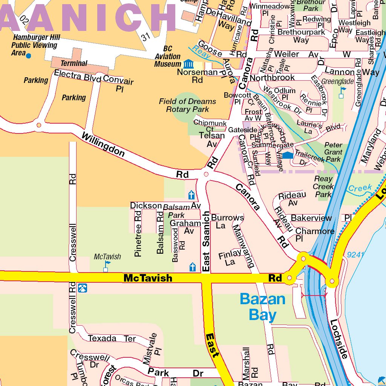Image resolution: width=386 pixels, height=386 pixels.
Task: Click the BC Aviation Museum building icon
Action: coord(187,64)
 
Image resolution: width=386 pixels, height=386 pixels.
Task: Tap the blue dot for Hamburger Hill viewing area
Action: coord(28,55)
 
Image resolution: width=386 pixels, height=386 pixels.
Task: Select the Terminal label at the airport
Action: coord(74,63)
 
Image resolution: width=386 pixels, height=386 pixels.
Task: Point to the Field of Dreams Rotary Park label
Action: coord(187,105)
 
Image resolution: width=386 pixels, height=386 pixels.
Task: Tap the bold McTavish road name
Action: coord(148,278)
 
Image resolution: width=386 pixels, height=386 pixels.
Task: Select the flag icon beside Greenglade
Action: coord(342,92)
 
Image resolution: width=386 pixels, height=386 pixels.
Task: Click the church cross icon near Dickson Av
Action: coord(191,195)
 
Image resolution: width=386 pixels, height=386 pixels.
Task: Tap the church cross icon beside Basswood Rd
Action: coord(193,267)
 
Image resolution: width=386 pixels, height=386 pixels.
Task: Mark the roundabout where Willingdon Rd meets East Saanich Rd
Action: coord(206,174)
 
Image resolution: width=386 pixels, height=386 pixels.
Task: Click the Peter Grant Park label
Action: coord(333,152)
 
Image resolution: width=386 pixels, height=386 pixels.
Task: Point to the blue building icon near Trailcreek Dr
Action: coord(288,155)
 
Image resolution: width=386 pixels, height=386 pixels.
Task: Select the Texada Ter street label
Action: coord(112,338)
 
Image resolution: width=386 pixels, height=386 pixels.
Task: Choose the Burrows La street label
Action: coord(227,221)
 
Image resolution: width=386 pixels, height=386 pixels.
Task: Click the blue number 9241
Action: coord(355,255)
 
